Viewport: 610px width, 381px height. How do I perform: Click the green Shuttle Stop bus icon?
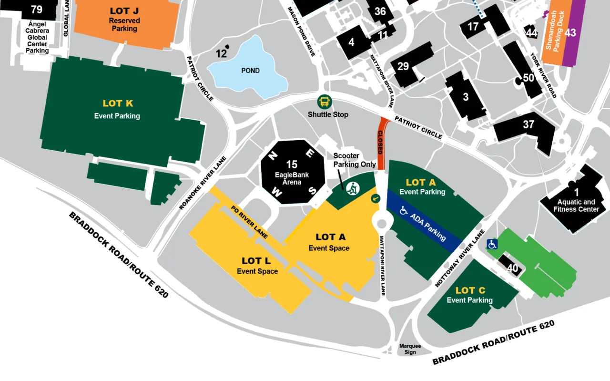325,102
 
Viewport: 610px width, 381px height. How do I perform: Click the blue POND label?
250,71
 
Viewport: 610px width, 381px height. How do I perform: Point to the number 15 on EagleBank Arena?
292,165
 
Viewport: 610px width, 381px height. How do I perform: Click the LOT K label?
118,103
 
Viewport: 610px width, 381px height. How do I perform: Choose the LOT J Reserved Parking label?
124,19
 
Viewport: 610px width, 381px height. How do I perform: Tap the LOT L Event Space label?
257,265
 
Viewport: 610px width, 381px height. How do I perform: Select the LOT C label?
470,290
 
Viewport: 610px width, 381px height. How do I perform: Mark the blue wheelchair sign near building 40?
492,244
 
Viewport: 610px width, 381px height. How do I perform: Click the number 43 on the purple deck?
570,33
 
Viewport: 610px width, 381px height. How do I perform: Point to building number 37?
529,124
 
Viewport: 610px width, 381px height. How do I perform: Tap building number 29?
403,66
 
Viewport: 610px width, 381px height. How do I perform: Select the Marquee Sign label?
410,349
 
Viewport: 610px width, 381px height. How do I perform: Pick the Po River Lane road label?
248,222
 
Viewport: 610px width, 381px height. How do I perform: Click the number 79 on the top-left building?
36,10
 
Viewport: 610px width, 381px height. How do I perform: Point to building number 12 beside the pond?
221,53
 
